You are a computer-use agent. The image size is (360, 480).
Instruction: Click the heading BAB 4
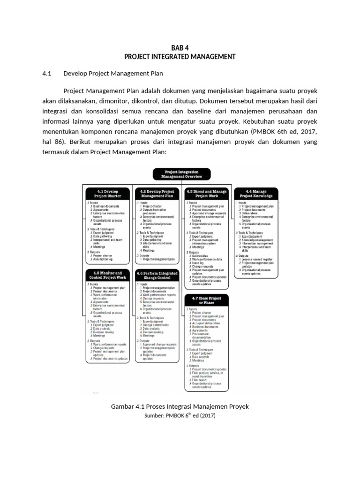180,48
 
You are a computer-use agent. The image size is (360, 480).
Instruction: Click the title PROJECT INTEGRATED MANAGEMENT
180,57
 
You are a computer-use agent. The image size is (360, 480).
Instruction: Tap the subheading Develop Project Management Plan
113,74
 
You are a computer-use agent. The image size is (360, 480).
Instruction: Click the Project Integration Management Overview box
181,174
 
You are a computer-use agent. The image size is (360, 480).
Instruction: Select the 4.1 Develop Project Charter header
108,194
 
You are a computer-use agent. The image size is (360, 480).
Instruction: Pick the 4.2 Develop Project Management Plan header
157,194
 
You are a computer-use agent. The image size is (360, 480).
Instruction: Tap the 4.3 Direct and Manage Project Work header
207,194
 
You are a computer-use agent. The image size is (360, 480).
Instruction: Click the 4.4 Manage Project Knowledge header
256,194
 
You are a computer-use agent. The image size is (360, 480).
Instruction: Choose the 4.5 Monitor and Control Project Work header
108,275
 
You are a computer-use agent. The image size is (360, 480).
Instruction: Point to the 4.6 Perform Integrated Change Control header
157,275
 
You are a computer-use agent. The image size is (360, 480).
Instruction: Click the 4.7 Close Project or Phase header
207,300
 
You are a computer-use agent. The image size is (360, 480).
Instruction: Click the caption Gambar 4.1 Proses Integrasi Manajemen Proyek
180,406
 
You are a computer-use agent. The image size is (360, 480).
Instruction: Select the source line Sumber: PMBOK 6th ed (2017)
180,415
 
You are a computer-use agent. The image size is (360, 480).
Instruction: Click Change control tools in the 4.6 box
156,325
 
